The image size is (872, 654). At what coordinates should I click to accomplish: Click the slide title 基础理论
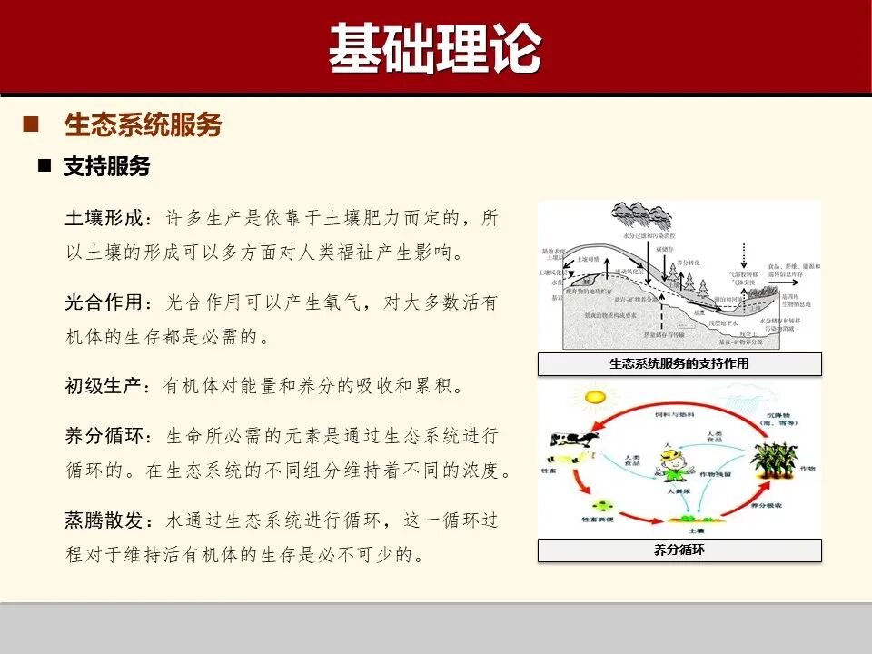[x=435, y=47]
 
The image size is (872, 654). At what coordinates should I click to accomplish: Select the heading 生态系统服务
[x=144, y=125]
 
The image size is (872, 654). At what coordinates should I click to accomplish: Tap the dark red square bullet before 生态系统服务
[x=30, y=124]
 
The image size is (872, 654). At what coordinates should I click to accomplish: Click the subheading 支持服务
[x=107, y=166]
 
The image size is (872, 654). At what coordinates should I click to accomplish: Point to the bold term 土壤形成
[x=104, y=219]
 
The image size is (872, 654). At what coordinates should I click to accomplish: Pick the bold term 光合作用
[x=104, y=302]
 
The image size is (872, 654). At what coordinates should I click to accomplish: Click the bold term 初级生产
[x=104, y=386]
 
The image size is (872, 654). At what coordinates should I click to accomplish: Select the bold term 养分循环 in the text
[x=104, y=436]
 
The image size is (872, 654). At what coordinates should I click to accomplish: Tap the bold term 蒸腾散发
[x=104, y=520]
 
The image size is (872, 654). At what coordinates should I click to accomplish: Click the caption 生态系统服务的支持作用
[x=679, y=364]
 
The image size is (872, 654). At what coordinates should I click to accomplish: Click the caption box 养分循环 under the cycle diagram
[x=679, y=550]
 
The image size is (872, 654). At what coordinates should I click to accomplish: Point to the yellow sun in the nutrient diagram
[x=595, y=397]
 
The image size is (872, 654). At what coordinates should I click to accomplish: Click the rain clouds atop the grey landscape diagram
[x=641, y=216]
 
